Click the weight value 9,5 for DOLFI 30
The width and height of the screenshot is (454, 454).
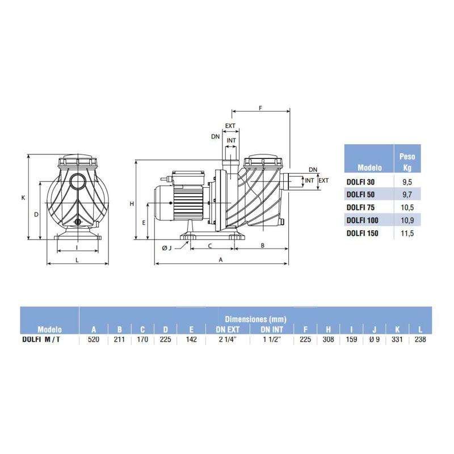[x=407, y=182]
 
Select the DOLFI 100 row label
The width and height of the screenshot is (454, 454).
[x=362, y=220]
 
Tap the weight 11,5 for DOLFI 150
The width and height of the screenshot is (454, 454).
[x=407, y=233]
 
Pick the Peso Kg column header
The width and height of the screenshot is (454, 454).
[x=407, y=162]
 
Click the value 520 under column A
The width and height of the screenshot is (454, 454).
[x=93, y=339]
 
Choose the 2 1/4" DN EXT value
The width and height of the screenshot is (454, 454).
[x=228, y=339]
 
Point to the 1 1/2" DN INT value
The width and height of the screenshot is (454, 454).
[x=272, y=339]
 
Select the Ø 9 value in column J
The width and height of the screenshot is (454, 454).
[x=375, y=339]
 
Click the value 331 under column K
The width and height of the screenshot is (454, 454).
[x=397, y=339]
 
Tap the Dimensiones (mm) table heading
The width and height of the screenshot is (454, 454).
[x=256, y=319]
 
